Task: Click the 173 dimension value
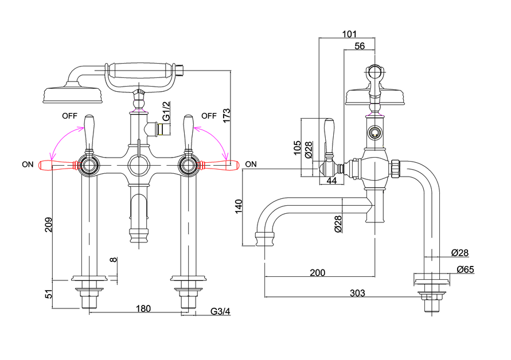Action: pos(227,115)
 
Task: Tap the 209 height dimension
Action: pos(49,225)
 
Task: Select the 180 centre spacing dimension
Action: pos(143,308)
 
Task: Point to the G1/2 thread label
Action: pos(166,111)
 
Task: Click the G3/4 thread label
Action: pos(220,311)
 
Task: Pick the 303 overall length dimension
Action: pos(357,293)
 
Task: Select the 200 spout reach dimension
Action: pos(317,272)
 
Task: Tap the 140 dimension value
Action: pos(239,206)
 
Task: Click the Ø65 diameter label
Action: pos(465,269)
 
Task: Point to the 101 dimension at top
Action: pos(349,34)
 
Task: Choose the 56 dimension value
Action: pos(360,46)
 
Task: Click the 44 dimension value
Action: pos(331,180)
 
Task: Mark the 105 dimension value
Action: pos(297,148)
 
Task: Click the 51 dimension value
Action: pos(49,294)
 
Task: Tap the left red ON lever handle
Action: pos(58,165)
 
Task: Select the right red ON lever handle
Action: pos(219,165)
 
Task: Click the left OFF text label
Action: pos(70,116)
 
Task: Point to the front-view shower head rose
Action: pos(73,95)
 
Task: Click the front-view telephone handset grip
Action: pos(140,70)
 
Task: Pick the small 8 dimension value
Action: pos(113,260)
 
